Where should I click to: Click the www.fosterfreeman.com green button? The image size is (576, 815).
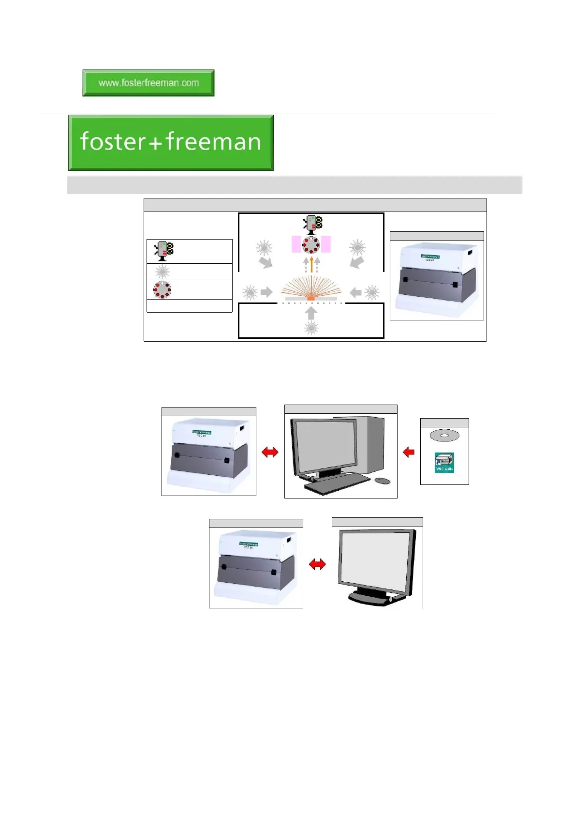pyautogui.click(x=148, y=83)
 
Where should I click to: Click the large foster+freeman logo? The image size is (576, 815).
pyautogui.click(x=171, y=142)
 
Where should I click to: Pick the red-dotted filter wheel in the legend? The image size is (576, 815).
pyautogui.click(x=162, y=289)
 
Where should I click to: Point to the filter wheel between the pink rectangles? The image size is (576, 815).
pyautogui.click(x=311, y=244)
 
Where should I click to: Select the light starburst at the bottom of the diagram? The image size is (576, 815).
pyautogui.click(x=311, y=328)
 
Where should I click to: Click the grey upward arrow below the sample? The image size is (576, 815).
pyautogui.click(x=311, y=313)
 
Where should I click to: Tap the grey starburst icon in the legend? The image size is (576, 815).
pyautogui.click(x=162, y=272)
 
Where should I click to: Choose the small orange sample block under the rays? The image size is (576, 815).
pyautogui.click(x=311, y=299)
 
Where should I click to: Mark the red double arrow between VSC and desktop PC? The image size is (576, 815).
pyautogui.click(x=270, y=452)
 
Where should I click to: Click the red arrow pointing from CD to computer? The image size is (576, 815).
pyautogui.click(x=409, y=452)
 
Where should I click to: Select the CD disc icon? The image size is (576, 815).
pyautogui.click(x=444, y=435)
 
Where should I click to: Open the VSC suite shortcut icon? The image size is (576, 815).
pyautogui.click(x=444, y=463)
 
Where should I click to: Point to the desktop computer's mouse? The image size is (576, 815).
pyautogui.click(x=383, y=481)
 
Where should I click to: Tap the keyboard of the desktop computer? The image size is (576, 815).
pyautogui.click(x=337, y=483)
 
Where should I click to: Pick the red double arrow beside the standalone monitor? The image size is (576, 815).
pyautogui.click(x=317, y=564)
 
